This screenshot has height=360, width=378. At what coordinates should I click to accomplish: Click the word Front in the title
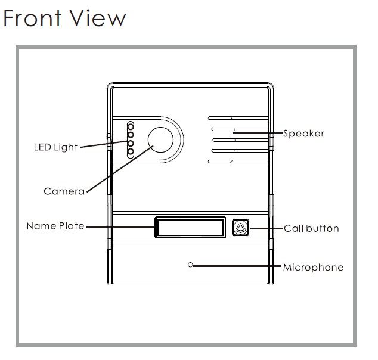(x=32, y=18)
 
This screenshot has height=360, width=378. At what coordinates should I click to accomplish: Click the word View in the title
(x=98, y=18)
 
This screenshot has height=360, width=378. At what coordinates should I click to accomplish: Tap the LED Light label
(x=55, y=147)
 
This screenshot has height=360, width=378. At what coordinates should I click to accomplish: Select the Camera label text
(x=64, y=191)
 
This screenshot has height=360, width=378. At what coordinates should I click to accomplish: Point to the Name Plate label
(x=55, y=226)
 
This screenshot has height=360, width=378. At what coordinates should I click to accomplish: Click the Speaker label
(x=303, y=134)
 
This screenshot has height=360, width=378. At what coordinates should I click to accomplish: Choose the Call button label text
(x=311, y=228)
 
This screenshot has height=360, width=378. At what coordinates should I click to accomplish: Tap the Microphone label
(x=313, y=268)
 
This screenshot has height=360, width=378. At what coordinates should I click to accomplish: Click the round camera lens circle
(x=160, y=139)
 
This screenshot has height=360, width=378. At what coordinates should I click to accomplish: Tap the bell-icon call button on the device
(x=240, y=227)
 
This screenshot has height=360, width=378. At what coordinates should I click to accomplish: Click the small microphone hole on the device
(x=190, y=265)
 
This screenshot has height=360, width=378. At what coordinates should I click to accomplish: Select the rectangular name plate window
(x=190, y=227)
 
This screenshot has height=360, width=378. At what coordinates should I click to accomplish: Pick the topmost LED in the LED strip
(x=131, y=126)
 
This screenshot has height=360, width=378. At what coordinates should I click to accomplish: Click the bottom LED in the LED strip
(x=131, y=152)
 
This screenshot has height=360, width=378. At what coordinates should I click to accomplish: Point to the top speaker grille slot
(x=238, y=118)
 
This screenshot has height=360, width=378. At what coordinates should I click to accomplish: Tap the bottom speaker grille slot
(x=238, y=162)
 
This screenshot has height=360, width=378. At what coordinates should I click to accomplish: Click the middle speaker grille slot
(x=240, y=139)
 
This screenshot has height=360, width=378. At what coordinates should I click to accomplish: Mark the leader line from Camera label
(x=120, y=169)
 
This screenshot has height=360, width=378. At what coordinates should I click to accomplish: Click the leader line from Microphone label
(x=237, y=266)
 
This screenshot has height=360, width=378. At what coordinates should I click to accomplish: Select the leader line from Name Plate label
(x=120, y=227)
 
